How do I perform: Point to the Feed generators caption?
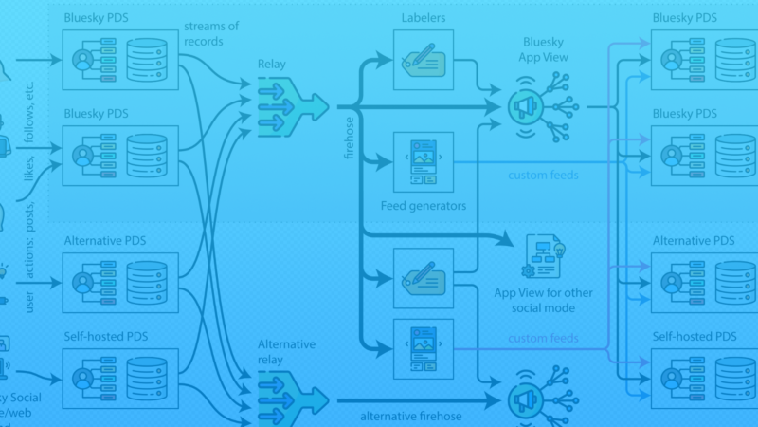click(x=424, y=204)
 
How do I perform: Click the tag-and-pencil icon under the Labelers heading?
click(x=424, y=60)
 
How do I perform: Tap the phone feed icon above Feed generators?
click(x=424, y=162)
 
